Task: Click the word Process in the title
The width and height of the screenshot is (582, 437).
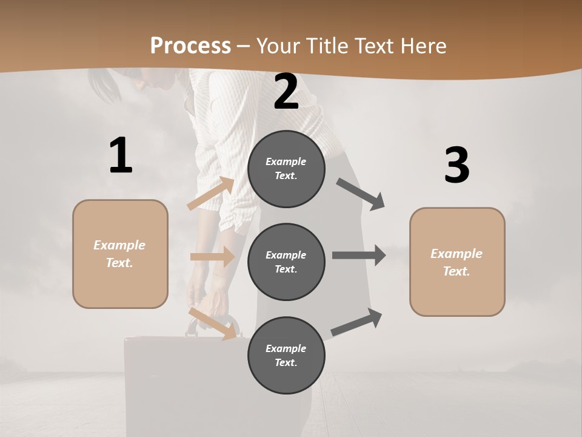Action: click(x=190, y=46)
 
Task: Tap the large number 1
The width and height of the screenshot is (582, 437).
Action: click(x=121, y=156)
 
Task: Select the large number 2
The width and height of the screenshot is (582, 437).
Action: click(x=286, y=92)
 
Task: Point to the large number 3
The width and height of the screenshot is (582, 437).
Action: click(x=457, y=165)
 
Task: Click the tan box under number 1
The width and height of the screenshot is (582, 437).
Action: click(x=120, y=254)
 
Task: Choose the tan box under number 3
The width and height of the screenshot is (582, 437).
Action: click(x=457, y=262)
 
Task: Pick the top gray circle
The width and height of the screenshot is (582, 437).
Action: click(x=286, y=169)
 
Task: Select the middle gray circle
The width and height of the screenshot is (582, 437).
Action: click(x=286, y=262)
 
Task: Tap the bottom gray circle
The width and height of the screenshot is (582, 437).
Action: click(x=286, y=355)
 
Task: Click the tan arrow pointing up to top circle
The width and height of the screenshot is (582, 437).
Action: click(x=211, y=194)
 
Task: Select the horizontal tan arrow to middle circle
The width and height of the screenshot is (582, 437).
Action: click(x=212, y=257)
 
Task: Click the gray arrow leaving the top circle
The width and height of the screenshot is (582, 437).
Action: click(x=361, y=194)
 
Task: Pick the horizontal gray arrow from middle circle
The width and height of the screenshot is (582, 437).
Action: click(x=359, y=255)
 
